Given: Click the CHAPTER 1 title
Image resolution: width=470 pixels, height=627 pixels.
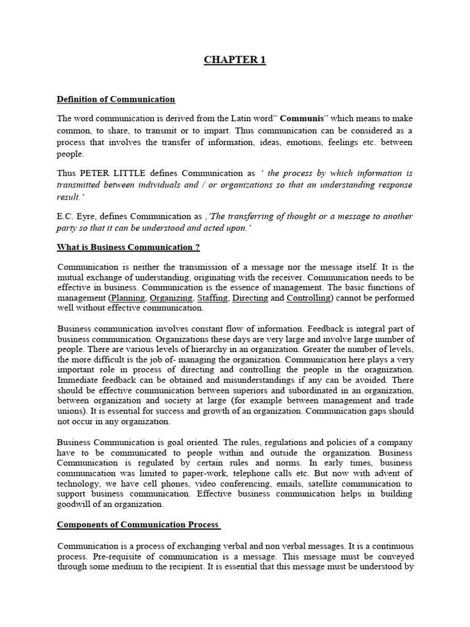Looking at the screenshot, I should (235, 60).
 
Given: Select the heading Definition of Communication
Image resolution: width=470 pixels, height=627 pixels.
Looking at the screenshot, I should (116, 99).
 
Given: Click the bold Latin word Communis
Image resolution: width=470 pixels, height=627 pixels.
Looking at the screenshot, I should (300, 119).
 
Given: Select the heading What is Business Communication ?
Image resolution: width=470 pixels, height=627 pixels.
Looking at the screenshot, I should (129, 247).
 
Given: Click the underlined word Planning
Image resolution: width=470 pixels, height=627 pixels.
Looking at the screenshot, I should (128, 298).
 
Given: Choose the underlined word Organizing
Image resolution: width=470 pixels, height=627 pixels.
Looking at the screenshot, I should (171, 298).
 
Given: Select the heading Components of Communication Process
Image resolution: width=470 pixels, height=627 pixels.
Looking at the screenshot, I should (138, 525).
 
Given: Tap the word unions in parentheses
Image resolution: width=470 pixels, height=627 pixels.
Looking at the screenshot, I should (70, 411).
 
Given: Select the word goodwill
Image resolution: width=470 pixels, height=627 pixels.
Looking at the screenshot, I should (76, 505).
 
